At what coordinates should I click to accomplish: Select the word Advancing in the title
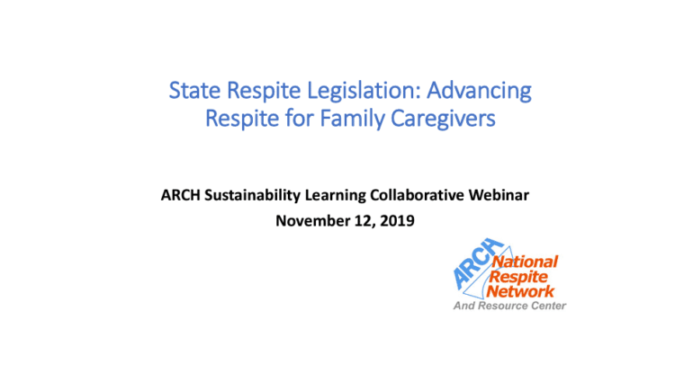(x=479, y=91)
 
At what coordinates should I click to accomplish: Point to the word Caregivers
(x=443, y=119)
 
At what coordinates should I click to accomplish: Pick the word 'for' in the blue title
(x=300, y=118)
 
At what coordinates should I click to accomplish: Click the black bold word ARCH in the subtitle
(x=180, y=195)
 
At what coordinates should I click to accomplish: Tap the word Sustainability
(x=252, y=195)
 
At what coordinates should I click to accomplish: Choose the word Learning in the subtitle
(x=335, y=196)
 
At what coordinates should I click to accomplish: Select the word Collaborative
(x=417, y=195)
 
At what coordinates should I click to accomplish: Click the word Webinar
(x=499, y=195)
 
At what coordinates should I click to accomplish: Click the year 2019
(x=397, y=220)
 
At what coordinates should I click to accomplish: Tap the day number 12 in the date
(x=364, y=221)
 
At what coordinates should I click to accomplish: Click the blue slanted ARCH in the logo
(x=478, y=263)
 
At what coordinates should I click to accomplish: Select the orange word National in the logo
(x=525, y=262)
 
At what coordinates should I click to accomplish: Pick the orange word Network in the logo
(x=520, y=291)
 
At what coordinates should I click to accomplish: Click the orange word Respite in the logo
(x=518, y=277)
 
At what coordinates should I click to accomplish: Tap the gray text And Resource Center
(x=509, y=306)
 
